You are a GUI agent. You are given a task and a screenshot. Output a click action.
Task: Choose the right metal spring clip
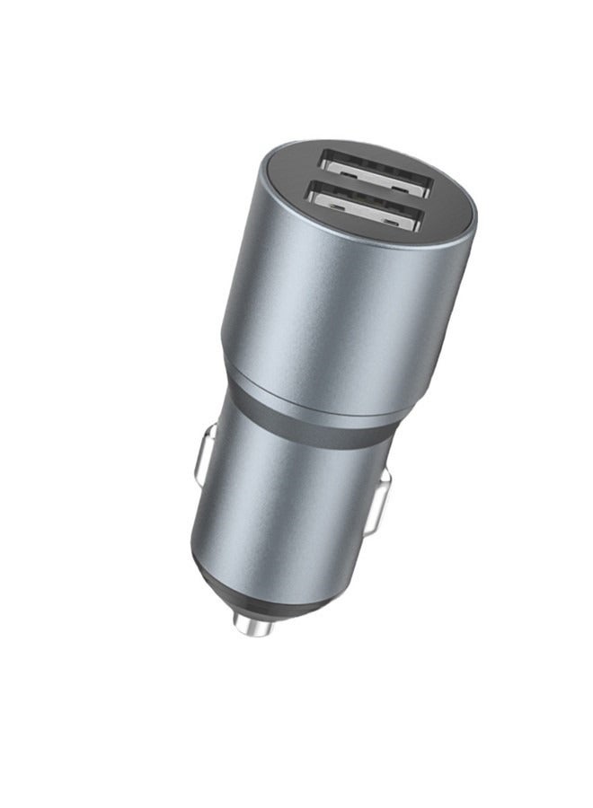click(384, 496)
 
